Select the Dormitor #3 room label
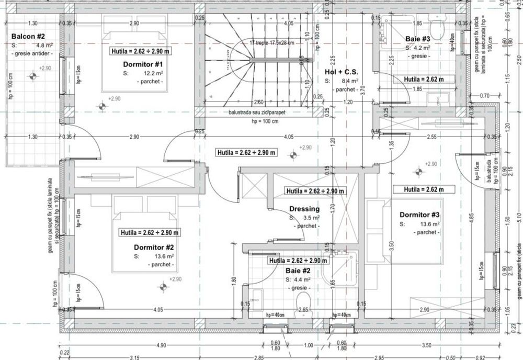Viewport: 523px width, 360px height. point(419,215)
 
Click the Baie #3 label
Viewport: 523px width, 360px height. point(417,39)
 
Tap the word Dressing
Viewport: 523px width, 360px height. point(304,209)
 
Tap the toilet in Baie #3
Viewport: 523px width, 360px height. point(437,26)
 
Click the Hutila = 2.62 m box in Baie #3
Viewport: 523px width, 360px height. point(424,79)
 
